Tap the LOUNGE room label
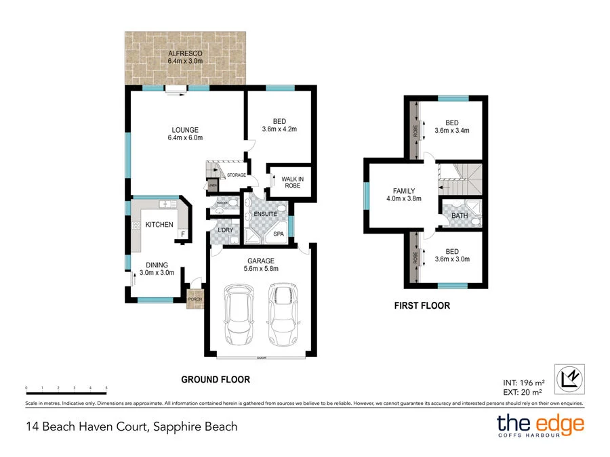(185, 129)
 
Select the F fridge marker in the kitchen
(182, 234)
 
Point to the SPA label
(279, 234)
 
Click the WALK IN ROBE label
(292, 183)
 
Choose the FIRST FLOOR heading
(422, 306)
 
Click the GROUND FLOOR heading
(215, 380)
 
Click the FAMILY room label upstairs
(403, 191)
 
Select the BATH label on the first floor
(460, 216)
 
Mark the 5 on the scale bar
(106, 388)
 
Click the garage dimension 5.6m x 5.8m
(260, 268)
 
